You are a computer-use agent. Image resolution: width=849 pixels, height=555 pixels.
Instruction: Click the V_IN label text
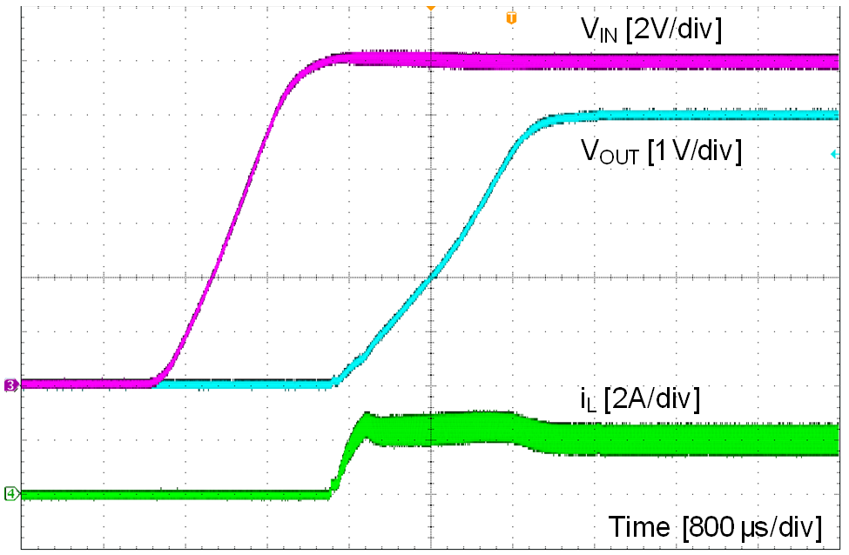599,31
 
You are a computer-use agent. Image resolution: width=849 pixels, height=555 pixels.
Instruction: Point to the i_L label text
590,400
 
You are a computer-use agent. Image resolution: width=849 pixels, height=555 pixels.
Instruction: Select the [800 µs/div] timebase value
752,527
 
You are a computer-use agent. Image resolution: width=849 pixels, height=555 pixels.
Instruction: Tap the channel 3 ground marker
11,384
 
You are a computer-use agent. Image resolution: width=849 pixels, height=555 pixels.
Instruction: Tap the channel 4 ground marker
11,493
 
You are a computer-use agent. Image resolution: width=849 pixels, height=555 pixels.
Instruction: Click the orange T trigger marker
510,17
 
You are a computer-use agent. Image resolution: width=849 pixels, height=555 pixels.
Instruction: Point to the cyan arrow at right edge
834,154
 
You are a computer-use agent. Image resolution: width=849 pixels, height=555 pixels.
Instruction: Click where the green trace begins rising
330,492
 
